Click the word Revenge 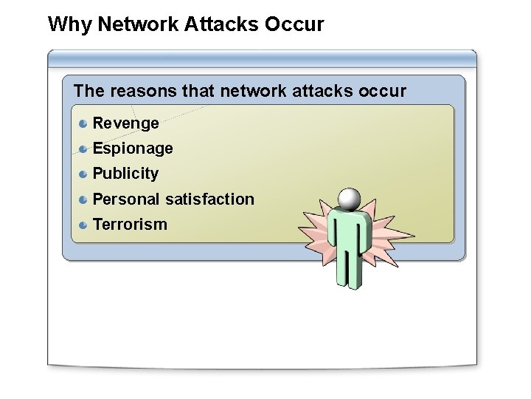(x=125, y=123)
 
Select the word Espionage (x=133, y=149)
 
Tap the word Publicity (x=125, y=174)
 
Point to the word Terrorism (x=130, y=224)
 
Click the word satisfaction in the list (x=209, y=199)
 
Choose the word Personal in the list (x=126, y=199)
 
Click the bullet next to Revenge (x=84, y=123)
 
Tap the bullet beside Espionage (x=84, y=149)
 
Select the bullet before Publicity (x=84, y=174)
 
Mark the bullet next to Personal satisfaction (x=84, y=199)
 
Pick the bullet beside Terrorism (x=84, y=224)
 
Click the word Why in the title (x=69, y=24)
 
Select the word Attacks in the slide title (x=216, y=24)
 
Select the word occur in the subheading (x=381, y=91)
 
